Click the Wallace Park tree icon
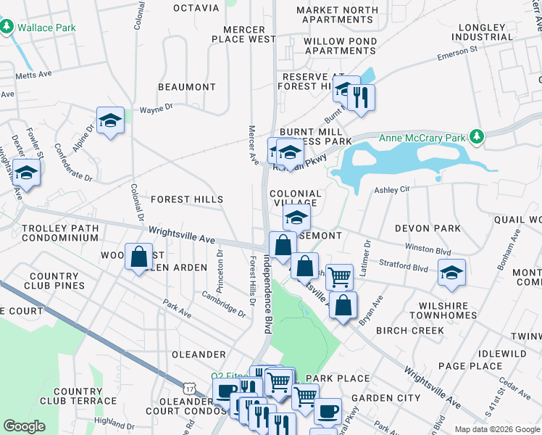click(x=7, y=27)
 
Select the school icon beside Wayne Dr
click(x=110, y=120)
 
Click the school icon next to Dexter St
click(x=26, y=173)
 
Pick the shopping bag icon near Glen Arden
click(x=138, y=257)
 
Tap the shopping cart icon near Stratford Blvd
click(x=339, y=276)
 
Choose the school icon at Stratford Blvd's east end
click(x=451, y=272)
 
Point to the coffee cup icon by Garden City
click(x=327, y=410)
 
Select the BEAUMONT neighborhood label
click(x=187, y=87)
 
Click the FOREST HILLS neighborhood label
click(x=186, y=199)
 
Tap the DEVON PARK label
click(x=428, y=228)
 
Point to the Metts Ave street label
click(x=35, y=74)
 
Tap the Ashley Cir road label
click(x=392, y=189)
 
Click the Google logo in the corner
click(x=25, y=426)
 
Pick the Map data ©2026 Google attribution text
click(x=496, y=429)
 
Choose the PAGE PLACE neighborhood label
click(x=471, y=366)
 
